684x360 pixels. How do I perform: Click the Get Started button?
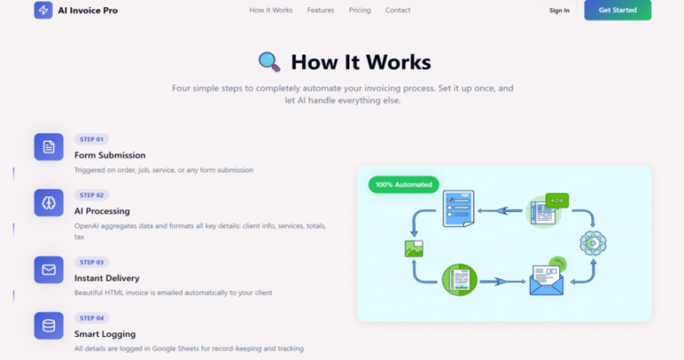coord(617,10)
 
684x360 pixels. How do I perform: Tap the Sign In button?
coord(559,11)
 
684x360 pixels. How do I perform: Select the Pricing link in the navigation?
coord(360,10)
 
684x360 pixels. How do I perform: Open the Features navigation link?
coord(321,10)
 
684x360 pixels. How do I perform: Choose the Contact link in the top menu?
coord(397,10)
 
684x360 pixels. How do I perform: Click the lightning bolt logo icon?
coord(43,10)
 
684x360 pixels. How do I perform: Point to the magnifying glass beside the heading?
coord(269,61)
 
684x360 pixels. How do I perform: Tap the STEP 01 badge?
coord(92,139)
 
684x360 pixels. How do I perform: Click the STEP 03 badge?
coord(92,262)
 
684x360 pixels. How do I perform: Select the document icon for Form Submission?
coord(49,147)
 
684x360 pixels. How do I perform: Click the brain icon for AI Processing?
coord(49,203)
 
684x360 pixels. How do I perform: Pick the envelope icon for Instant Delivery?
coord(49,270)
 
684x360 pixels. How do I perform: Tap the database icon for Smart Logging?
coord(49,326)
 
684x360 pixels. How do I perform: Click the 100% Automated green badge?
coord(403,184)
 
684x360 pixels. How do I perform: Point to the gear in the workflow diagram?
coord(593,243)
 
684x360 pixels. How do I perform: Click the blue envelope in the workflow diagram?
coord(546,281)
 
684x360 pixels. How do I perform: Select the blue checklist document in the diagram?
coord(459,209)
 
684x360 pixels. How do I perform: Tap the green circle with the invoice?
coord(460,280)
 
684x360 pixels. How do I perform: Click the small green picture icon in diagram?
coord(414,249)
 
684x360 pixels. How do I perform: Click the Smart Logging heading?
coord(105,334)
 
